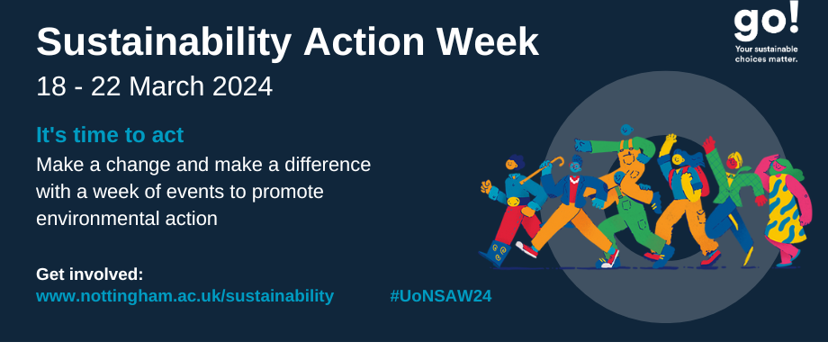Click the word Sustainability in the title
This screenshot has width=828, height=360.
pos(164,42)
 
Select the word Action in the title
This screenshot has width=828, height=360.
pos(364,41)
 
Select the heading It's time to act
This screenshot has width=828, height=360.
pos(110,135)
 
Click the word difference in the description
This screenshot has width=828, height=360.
pos(328,165)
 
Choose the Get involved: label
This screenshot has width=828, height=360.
pos(90,274)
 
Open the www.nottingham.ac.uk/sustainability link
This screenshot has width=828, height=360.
pos(184,296)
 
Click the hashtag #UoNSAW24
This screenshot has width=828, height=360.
pos(441,296)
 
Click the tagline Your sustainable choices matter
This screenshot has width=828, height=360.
pos(766,54)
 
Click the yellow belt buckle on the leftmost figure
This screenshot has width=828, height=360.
pos(513,202)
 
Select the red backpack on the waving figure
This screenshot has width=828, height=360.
pos(702,179)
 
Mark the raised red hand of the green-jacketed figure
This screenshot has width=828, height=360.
pos(709,144)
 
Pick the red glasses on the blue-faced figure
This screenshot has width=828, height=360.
pos(574,166)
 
